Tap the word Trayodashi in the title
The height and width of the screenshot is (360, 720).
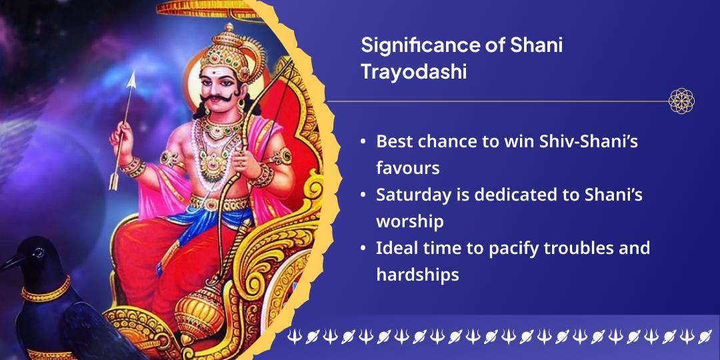click(x=414, y=73)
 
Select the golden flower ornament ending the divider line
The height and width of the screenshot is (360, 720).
click(x=681, y=101)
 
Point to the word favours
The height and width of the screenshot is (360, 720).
click(x=408, y=168)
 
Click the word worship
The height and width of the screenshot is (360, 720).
click(x=409, y=222)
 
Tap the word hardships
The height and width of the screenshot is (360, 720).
click(x=417, y=275)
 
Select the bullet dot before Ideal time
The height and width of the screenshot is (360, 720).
click(x=363, y=249)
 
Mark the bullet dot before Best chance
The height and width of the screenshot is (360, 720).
click(x=363, y=141)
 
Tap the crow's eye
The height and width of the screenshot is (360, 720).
click(x=39, y=252)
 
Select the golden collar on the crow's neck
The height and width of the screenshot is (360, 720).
click(x=46, y=290)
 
